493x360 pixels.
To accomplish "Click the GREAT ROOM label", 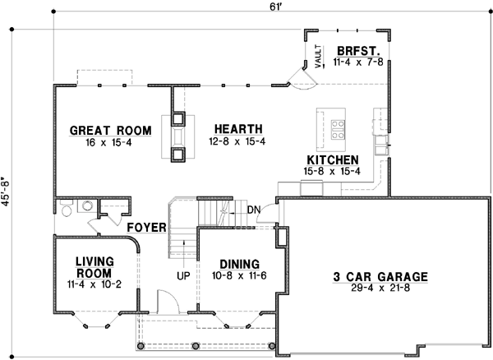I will (110, 130).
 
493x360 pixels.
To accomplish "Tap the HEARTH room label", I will (237, 129).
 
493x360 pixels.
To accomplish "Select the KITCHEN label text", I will (332, 159).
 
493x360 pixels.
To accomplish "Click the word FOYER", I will (148, 227).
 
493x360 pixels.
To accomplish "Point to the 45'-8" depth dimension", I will (9, 194).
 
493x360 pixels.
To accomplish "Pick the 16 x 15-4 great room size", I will (110, 143).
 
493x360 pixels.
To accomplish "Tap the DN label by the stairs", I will (254, 210).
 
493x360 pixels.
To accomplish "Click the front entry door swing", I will (164, 301).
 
